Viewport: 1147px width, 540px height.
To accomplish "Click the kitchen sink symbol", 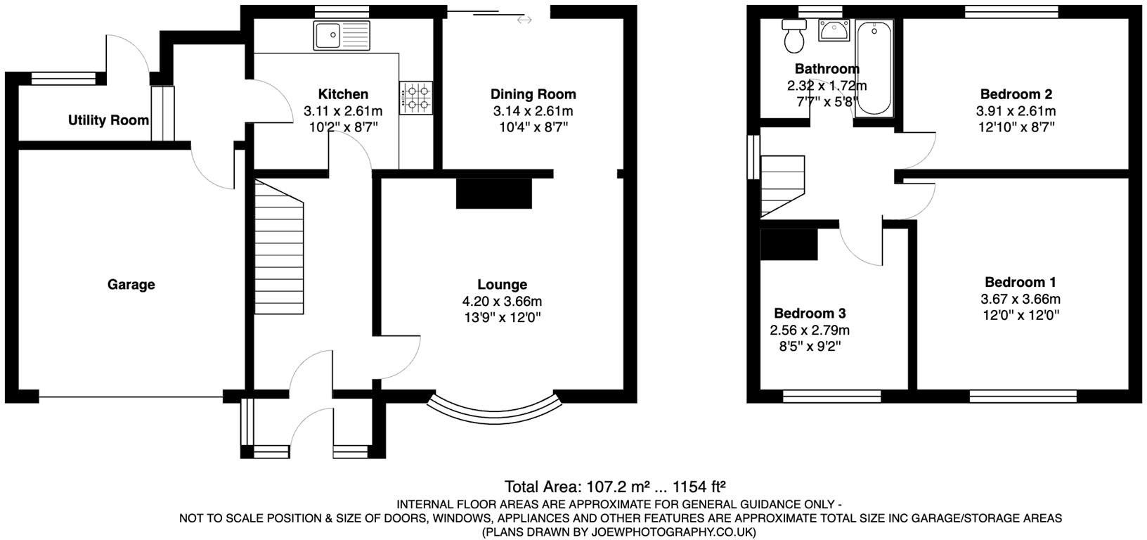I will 342,34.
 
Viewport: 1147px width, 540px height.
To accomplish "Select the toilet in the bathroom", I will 795,36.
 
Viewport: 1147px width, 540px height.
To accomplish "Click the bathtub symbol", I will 874,67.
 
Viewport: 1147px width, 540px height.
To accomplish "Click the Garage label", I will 131,285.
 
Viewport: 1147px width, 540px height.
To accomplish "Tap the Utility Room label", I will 108,120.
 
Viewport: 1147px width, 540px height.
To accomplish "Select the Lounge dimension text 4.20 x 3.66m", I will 502,302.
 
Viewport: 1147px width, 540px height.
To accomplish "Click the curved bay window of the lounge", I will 495,408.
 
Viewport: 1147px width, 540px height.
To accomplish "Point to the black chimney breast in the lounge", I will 495,193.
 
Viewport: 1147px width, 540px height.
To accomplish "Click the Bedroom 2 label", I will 1016,94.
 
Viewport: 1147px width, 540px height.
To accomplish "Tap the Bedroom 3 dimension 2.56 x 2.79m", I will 810,330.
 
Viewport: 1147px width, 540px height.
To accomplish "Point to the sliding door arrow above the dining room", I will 524,20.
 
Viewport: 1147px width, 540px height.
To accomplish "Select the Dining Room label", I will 533,94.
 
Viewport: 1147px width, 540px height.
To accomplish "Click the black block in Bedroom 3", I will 789,245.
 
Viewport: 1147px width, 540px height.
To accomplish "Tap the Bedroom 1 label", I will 1020,283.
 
